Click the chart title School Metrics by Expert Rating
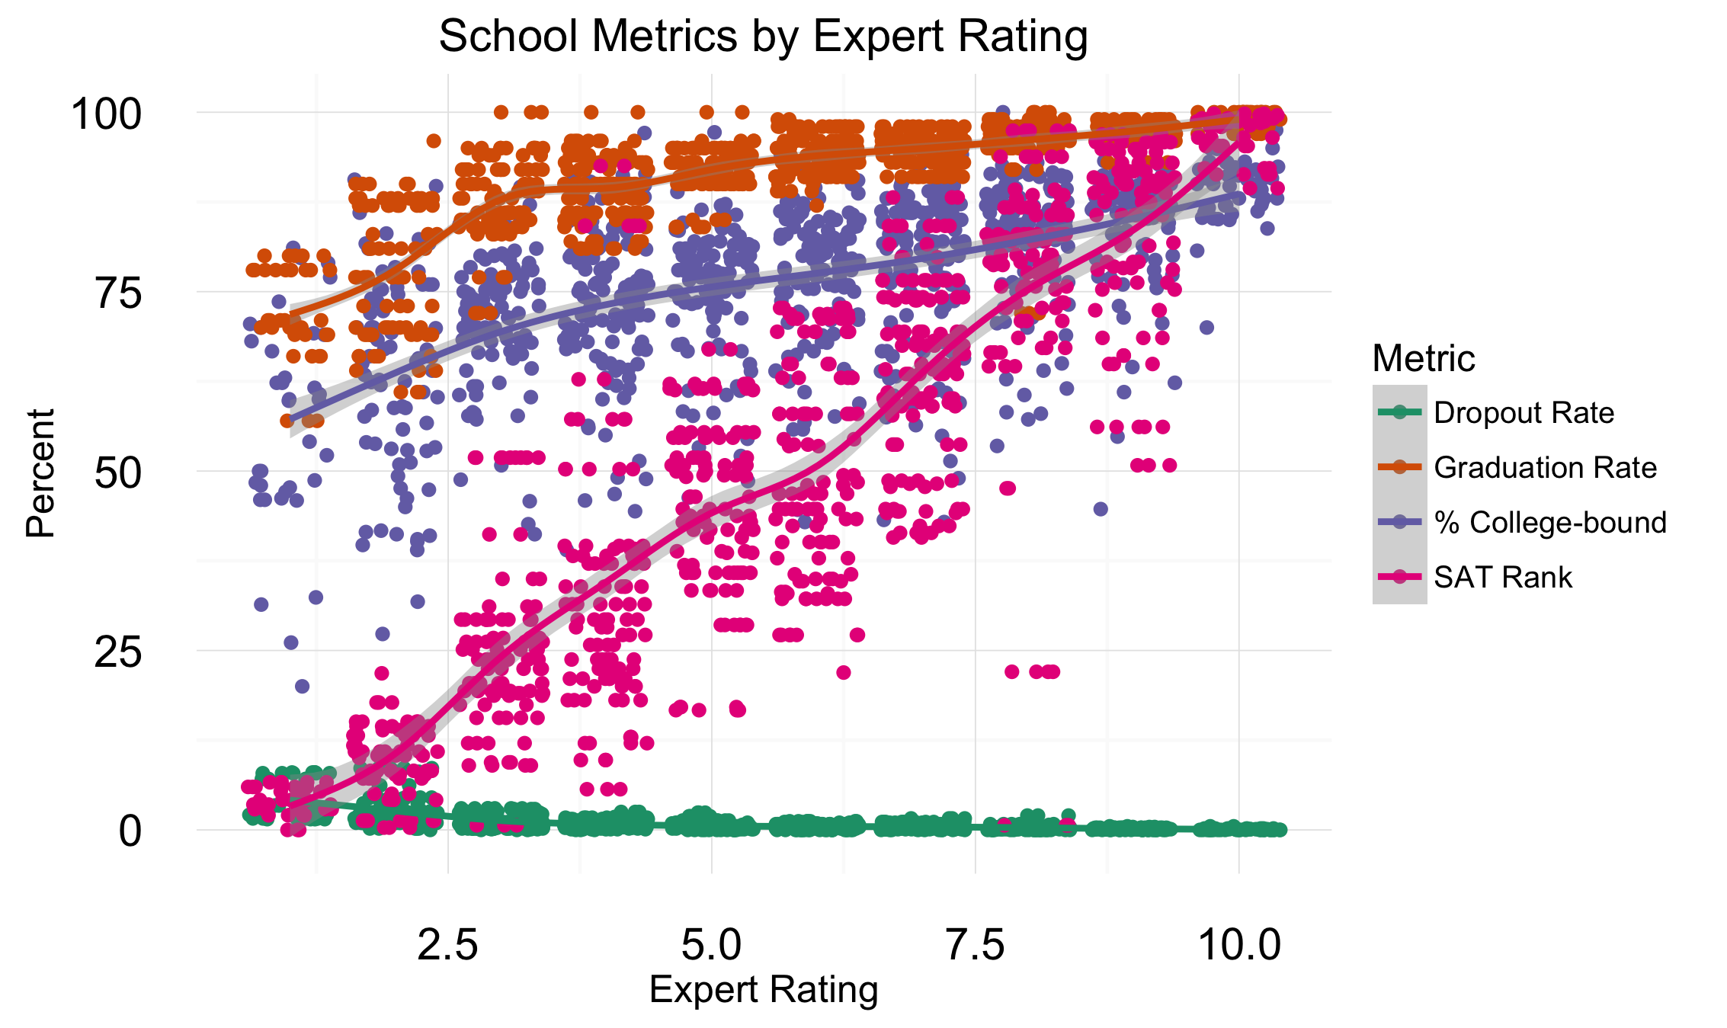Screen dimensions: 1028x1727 click(763, 36)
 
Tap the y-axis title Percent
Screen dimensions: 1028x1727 click(40, 473)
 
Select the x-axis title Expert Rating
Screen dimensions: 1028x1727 click(764, 990)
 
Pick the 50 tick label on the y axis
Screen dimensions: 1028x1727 click(118, 472)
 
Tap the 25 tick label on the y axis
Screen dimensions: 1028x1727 click(118, 652)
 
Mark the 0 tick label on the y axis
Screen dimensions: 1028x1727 click(130, 831)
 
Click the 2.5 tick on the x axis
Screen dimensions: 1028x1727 click(448, 945)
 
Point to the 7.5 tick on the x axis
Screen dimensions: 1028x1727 click(976, 945)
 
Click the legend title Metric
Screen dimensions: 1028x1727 click(1424, 358)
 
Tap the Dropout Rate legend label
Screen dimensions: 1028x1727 click(1524, 413)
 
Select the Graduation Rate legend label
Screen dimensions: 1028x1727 click(1545, 468)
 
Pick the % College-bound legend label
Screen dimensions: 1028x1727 click(1550, 523)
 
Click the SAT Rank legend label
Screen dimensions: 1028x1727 click(1502, 578)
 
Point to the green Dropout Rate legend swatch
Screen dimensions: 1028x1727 click(1400, 413)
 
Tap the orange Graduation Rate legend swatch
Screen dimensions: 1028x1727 click(1400, 468)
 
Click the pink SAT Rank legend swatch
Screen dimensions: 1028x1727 click(1400, 578)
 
